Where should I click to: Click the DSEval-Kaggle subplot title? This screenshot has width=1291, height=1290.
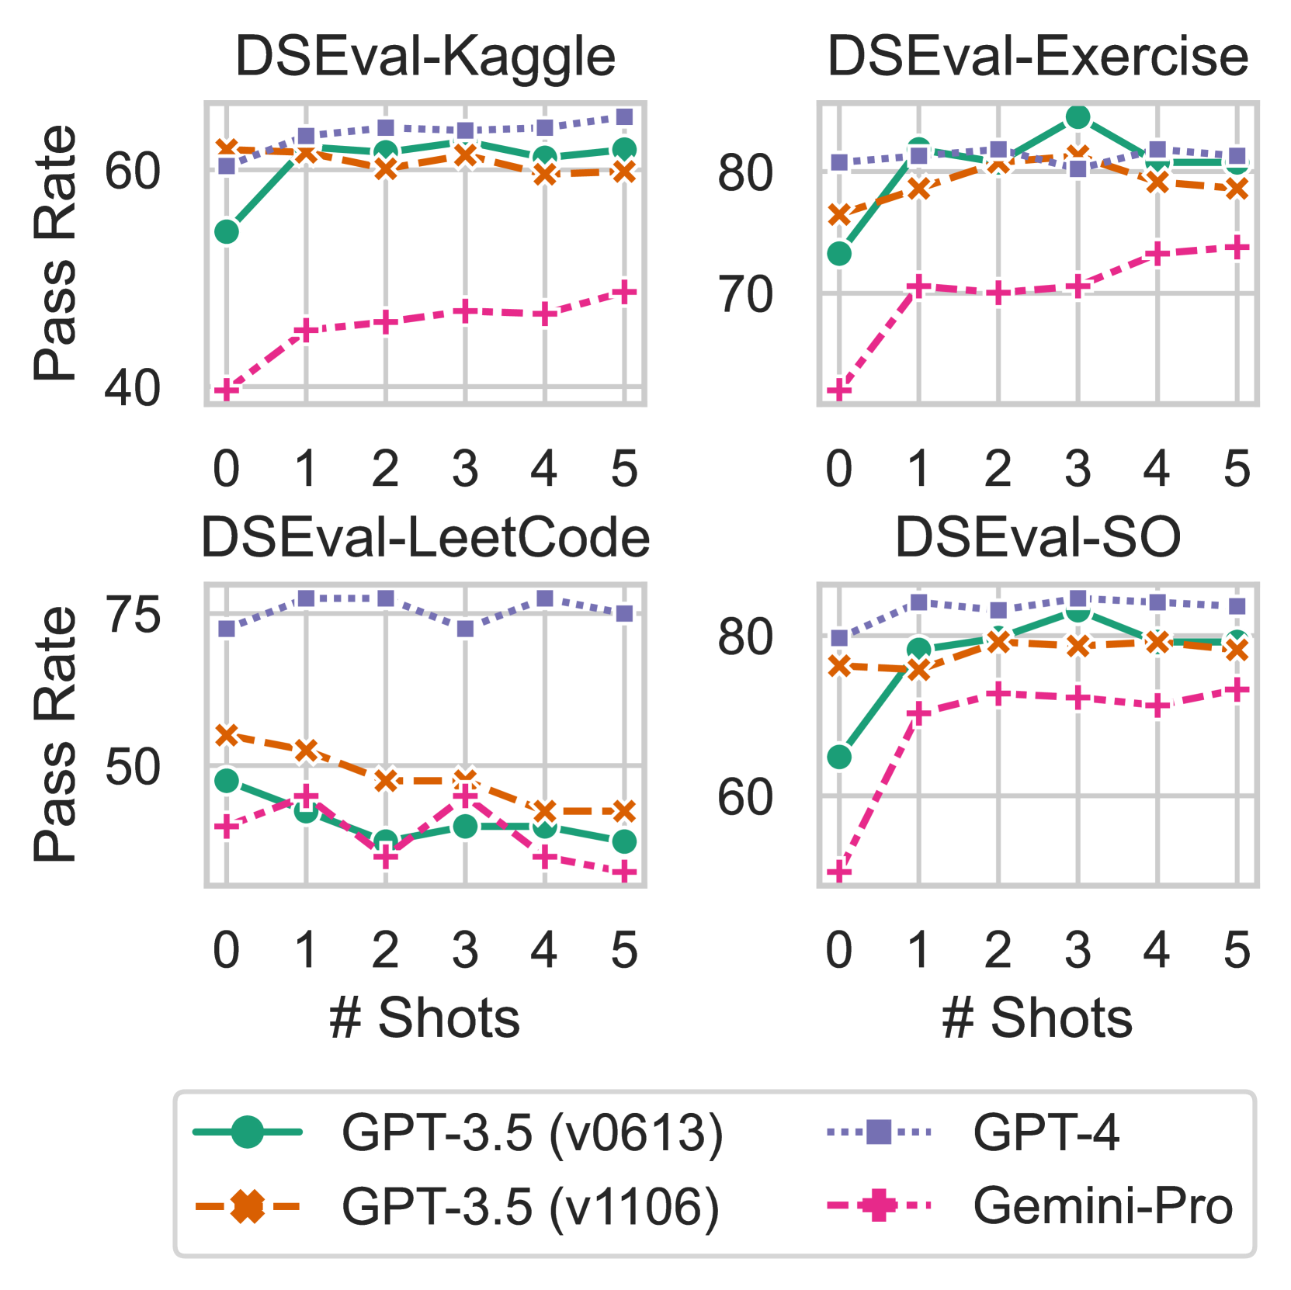(425, 57)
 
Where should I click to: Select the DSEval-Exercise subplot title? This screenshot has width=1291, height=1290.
(1037, 57)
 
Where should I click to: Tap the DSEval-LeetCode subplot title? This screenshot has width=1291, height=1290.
(425, 538)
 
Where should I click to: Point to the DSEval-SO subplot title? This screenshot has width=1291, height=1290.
(1037, 538)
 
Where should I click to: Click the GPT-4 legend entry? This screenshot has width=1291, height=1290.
(1045, 1132)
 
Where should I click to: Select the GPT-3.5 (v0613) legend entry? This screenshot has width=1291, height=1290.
(532, 1132)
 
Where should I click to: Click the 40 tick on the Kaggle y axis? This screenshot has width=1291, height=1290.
(132, 387)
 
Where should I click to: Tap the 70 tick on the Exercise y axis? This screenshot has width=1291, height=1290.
(744, 295)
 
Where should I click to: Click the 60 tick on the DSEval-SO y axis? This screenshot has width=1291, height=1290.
(744, 797)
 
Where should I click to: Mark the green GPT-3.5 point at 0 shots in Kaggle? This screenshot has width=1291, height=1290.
(226, 231)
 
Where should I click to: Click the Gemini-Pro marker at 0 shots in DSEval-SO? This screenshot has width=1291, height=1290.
(838, 873)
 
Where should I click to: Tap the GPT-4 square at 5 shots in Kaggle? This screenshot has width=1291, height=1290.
(624, 117)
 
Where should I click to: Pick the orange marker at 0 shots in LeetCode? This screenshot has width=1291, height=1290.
(226, 734)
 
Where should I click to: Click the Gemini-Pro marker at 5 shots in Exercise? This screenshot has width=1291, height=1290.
(1237, 248)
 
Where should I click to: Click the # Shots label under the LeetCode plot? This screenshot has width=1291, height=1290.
(425, 1018)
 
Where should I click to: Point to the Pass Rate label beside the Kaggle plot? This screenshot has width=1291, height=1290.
(56, 253)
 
